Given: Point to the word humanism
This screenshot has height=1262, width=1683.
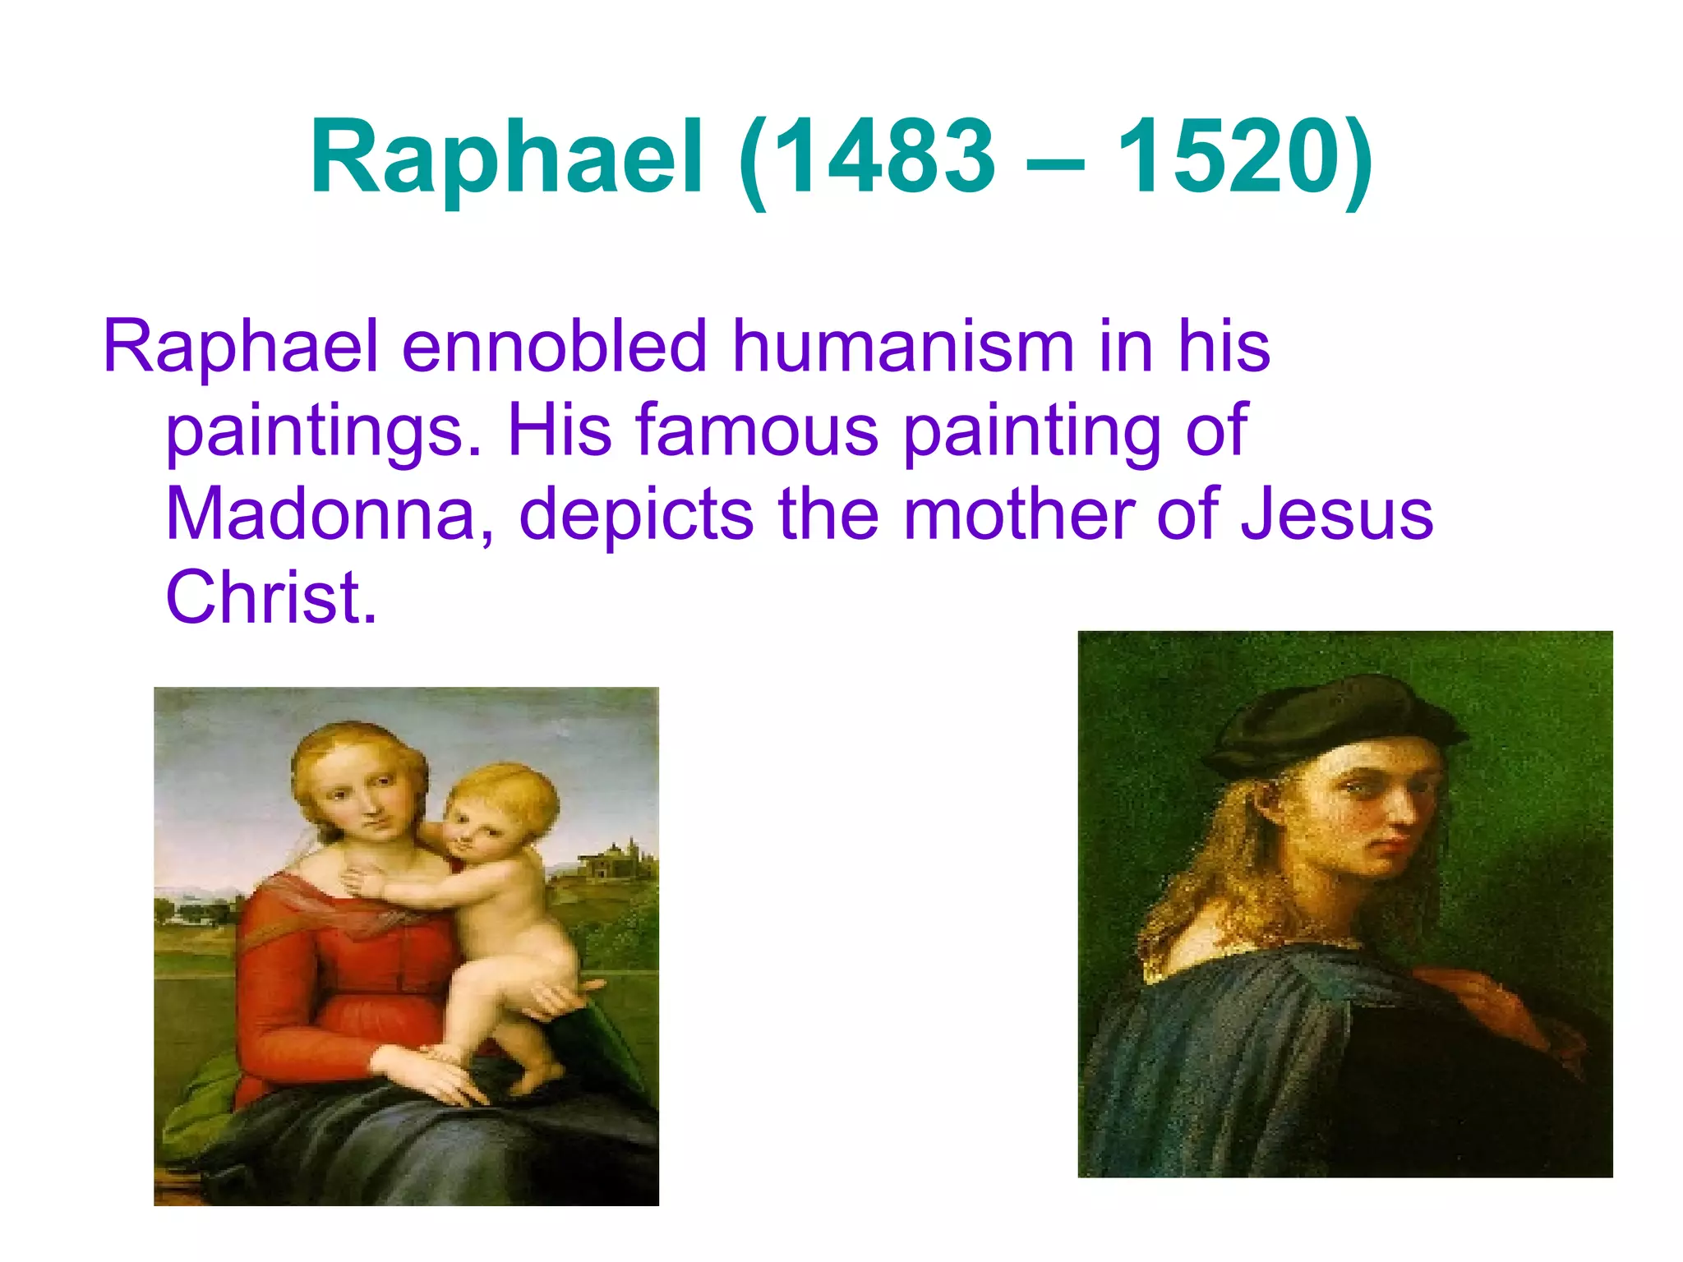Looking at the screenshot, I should coord(902,346).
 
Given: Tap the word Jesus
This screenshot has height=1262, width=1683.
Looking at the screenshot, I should coord(1336,514).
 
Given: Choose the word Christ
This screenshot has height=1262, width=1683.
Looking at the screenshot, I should coord(271,597).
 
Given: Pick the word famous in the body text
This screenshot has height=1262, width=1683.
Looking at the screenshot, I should coord(756,431).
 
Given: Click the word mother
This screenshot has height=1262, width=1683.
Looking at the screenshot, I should coord(1017,514).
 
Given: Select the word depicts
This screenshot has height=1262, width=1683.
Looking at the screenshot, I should coord(636,514).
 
